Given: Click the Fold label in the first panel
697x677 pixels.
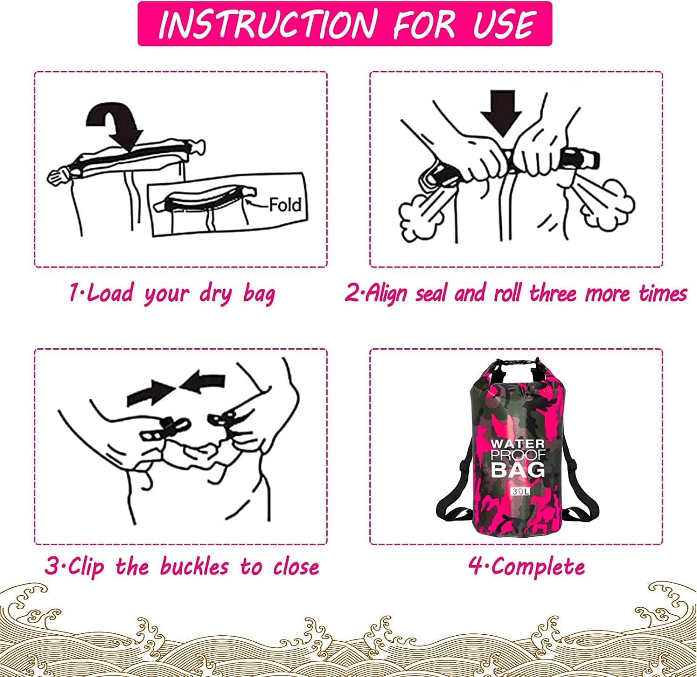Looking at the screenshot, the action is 285,204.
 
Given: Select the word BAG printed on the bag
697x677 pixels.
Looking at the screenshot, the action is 518,469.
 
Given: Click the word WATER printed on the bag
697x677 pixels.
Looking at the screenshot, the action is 518,444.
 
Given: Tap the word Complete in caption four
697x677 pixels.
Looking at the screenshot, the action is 538,567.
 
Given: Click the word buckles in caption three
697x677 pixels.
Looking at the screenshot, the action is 194,566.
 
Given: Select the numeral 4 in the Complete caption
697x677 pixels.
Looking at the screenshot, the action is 475,567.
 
